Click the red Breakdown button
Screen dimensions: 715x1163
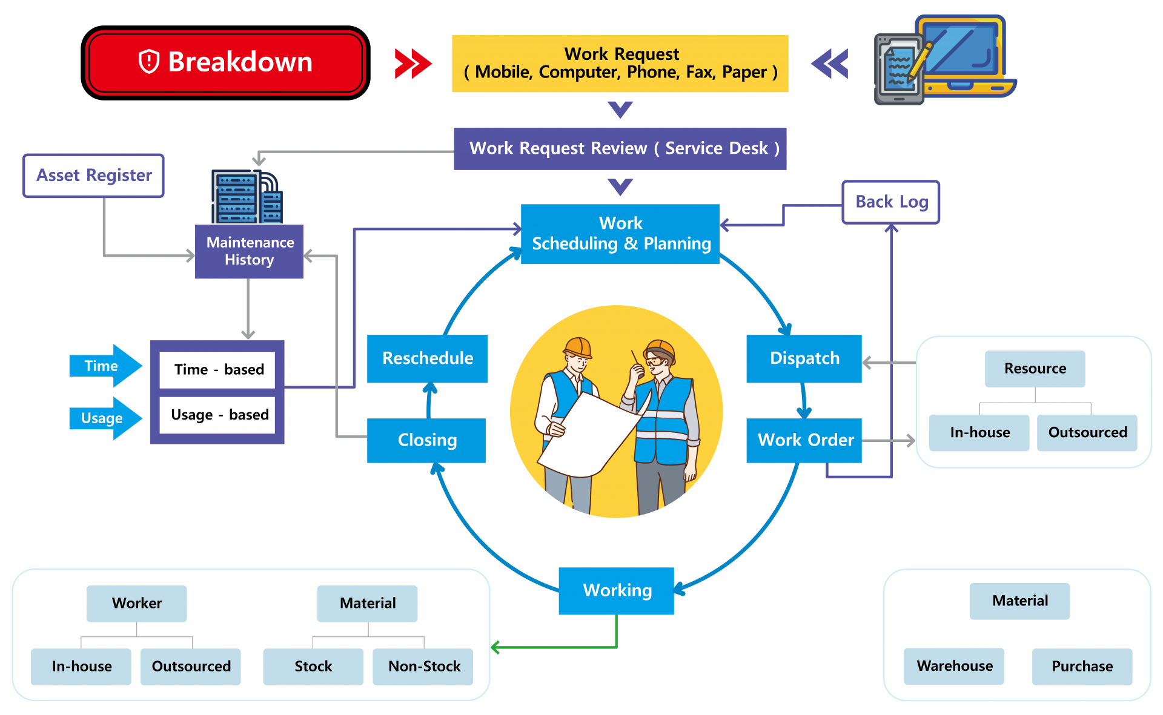[225, 63]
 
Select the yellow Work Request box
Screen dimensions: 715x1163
[620, 64]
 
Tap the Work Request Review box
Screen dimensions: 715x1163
[620, 148]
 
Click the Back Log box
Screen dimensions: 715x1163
[890, 202]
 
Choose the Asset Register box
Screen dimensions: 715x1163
[93, 176]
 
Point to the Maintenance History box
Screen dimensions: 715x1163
[249, 251]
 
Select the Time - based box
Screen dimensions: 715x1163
[217, 369]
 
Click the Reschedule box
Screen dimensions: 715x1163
[427, 358]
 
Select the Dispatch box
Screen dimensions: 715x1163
[804, 358]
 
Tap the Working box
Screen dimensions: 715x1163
[616, 590]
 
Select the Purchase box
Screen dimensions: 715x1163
[1081, 667]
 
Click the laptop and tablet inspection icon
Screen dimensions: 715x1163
[944, 61]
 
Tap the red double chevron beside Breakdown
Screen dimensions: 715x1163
[413, 64]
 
